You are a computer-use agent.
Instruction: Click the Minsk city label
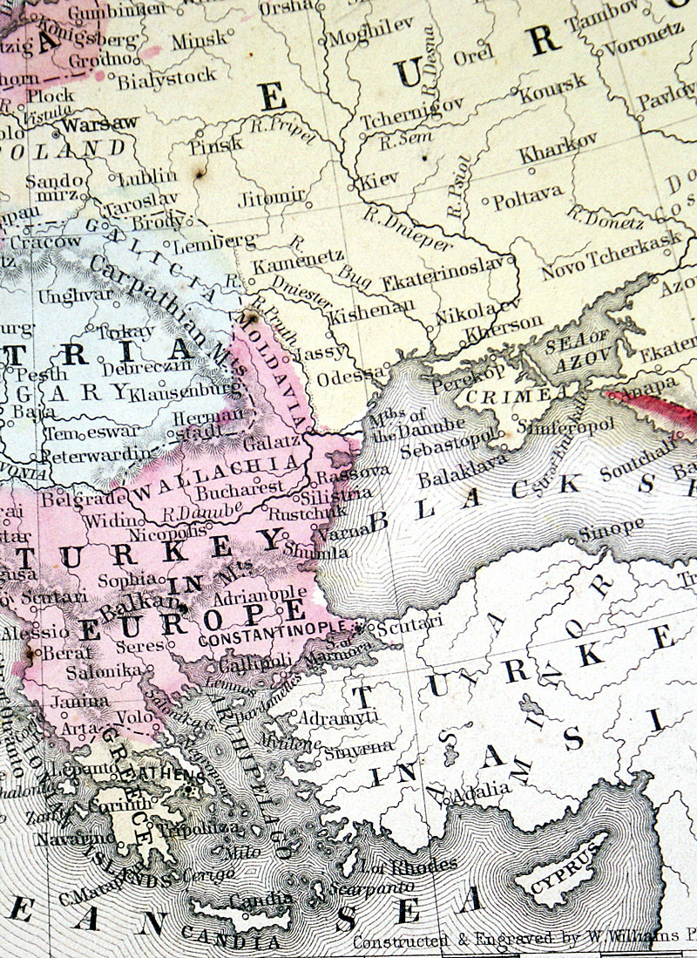tap(198, 40)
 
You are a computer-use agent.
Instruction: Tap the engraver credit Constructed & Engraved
tap(452, 941)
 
